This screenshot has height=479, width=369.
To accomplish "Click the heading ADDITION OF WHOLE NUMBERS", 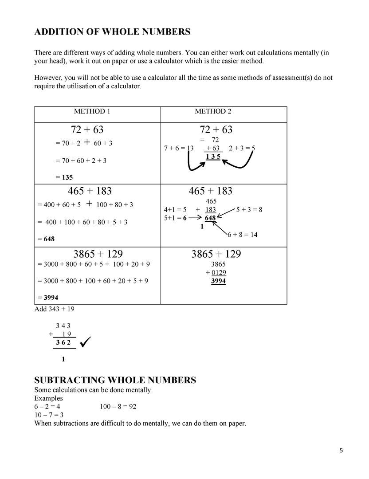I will [x=113, y=32].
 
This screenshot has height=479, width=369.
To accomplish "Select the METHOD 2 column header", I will [x=213, y=111].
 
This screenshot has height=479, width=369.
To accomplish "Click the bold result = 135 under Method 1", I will [x=64, y=177].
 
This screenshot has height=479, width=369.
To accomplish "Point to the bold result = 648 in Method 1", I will [x=46, y=239].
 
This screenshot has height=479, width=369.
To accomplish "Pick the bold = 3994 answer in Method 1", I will [x=48, y=297].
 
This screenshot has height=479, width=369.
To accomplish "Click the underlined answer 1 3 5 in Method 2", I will [x=213, y=156].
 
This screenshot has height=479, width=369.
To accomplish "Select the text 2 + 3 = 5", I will [x=242, y=149].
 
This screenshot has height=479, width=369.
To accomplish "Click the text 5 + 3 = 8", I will [x=249, y=209].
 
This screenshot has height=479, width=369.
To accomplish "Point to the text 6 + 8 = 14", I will [x=243, y=235].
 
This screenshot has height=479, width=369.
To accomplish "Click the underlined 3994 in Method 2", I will [x=218, y=281].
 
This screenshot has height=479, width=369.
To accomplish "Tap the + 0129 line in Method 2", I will [x=216, y=272].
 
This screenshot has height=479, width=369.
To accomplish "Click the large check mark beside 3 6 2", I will [x=86, y=342].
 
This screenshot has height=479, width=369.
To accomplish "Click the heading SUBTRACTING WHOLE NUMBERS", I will [x=115, y=380].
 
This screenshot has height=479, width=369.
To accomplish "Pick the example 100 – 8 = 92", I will [x=118, y=406].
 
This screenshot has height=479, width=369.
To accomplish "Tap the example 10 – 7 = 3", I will [x=49, y=415].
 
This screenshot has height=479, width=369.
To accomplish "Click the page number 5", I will [x=341, y=451].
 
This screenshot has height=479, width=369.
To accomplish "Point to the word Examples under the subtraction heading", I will [x=49, y=398].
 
